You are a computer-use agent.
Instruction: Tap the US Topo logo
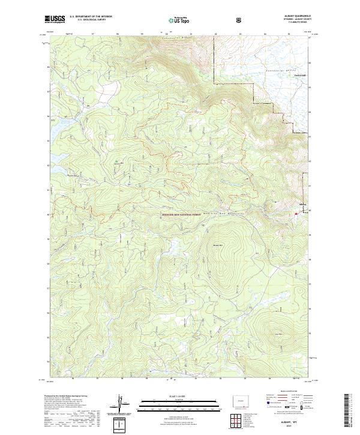[180, 20]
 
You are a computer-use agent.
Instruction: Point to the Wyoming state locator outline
[239, 400]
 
